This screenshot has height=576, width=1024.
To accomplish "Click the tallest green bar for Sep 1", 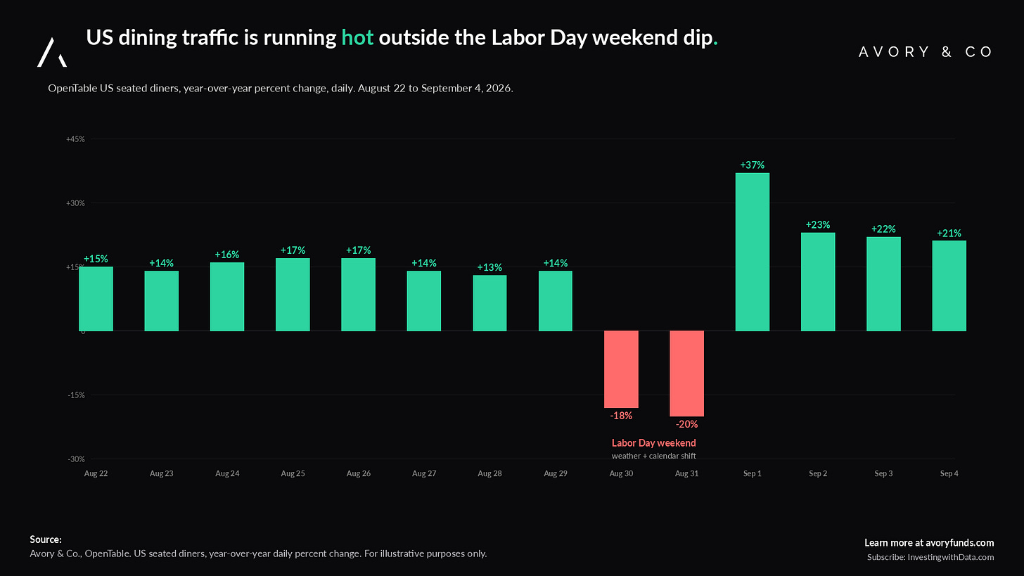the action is tap(752, 252).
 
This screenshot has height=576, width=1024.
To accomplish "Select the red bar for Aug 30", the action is tap(621, 369).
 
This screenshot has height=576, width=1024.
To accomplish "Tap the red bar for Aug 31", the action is tap(686, 373).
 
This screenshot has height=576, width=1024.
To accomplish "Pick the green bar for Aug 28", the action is tap(489, 303).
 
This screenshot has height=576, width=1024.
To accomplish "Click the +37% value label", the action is tap(752, 165).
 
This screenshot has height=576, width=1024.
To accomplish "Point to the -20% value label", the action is tap(686, 424).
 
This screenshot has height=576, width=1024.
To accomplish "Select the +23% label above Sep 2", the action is tap(818, 225).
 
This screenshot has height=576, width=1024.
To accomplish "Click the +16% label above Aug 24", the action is tap(226, 255).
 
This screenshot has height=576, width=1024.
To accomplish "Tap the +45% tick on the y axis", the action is tap(75, 139).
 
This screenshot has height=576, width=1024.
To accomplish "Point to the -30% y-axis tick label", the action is tap(77, 459).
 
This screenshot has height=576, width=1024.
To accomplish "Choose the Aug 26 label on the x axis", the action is tap(359, 473).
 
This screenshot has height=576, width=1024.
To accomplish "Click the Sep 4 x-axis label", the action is tap(949, 473).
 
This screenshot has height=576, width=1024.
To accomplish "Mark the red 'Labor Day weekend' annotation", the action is tap(654, 443).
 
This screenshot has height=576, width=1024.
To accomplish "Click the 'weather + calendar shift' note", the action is tap(654, 456).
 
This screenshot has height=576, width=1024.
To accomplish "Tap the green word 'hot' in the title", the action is tap(357, 37).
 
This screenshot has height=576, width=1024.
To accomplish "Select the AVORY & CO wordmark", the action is tap(926, 51).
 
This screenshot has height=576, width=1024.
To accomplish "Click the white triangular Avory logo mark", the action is tap(51, 53).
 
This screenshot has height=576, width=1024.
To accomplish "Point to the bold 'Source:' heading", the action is tap(46, 539).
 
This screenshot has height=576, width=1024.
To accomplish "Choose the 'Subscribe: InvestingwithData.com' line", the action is tap(930, 557).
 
